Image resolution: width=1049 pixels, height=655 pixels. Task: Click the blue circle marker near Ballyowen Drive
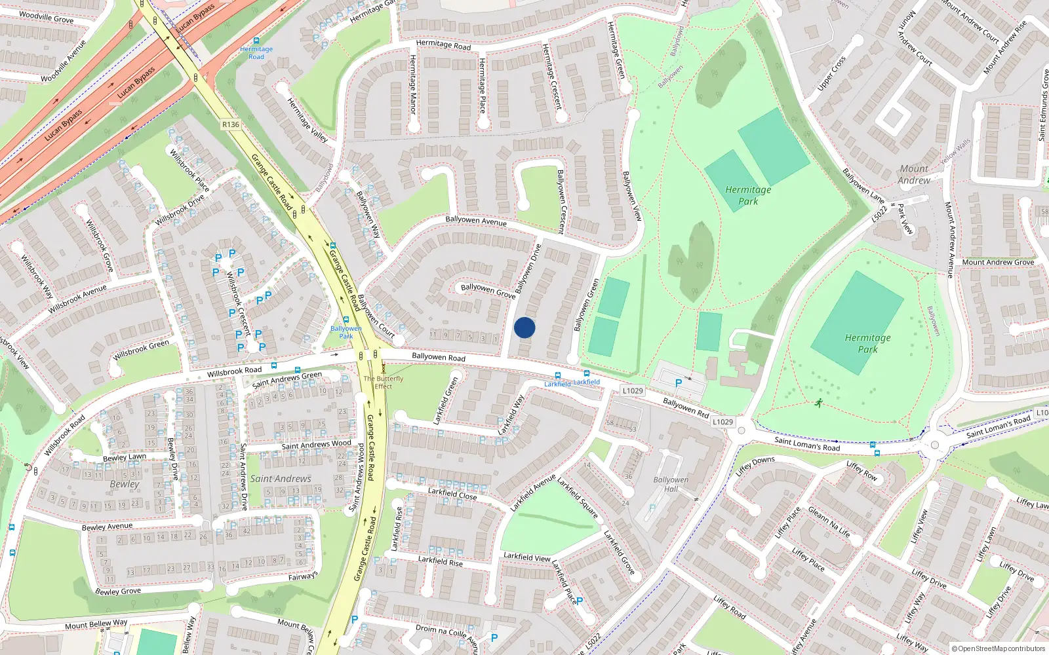click(524, 327)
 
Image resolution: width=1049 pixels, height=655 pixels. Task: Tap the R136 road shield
click(231, 124)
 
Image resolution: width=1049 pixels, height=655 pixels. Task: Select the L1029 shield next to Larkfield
click(633, 390)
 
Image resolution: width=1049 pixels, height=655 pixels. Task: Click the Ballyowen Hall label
click(671, 484)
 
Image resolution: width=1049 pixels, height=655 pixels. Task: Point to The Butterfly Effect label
click(384, 383)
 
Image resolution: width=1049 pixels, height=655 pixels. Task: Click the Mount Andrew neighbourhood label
click(914, 174)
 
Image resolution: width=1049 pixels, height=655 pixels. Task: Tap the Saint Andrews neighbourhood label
click(281, 479)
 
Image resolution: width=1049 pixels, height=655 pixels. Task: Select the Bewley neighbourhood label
click(125, 484)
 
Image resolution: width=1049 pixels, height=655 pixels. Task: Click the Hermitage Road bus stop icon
click(256, 41)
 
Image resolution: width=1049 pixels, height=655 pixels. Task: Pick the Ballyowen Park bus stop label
click(346, 332)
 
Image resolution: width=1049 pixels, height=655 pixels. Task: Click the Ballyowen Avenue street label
click(476, 221)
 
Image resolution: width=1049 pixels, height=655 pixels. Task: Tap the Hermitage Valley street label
click(307, 121)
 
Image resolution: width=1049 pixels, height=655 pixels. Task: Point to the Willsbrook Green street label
click(140, 350)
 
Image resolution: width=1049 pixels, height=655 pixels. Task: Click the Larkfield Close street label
click(452, 494)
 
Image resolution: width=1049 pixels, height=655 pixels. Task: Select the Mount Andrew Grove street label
click(998, 262)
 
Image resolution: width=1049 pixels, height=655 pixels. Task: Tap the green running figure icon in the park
click(818, 403)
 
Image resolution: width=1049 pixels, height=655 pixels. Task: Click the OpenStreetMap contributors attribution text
click(999, 648)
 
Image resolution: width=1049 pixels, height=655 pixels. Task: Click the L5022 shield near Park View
click(880, 214)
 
